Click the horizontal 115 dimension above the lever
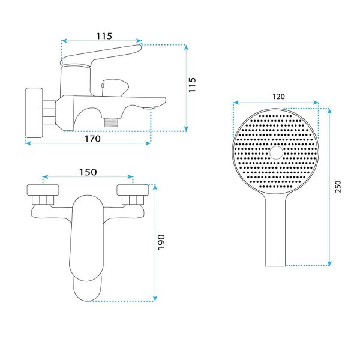pos(104,36)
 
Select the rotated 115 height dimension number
pos(193,86)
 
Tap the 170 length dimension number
pos(92,138)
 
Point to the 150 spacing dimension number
pos(88,172)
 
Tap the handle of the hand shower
pos(276,234)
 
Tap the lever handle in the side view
pos(102,55)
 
